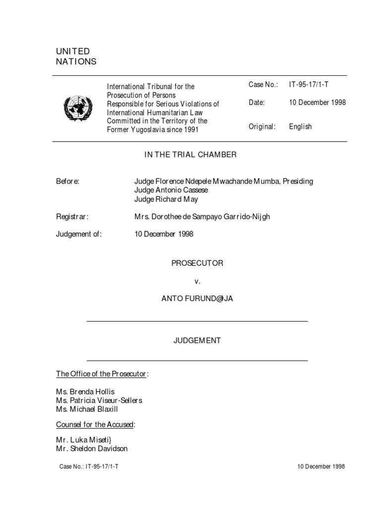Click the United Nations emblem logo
tap(78, 107)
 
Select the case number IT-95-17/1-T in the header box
tap(309, 85)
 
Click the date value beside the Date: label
tap(317, 102)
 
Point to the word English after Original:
tap(300, 126)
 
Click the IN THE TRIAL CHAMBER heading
tap(190, 154)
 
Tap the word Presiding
tap(298, 181)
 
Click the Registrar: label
tap(72, 216)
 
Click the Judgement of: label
tap(78, 234)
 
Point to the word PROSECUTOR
tap(197, 263)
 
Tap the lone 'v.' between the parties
tap(197, 281)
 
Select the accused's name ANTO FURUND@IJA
tap(197, 299)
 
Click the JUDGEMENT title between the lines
tap(197, 341)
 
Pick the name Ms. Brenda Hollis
tap(85, 392)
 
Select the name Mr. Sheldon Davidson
tap(92, 449)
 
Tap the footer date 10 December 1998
tap(321, 466)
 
